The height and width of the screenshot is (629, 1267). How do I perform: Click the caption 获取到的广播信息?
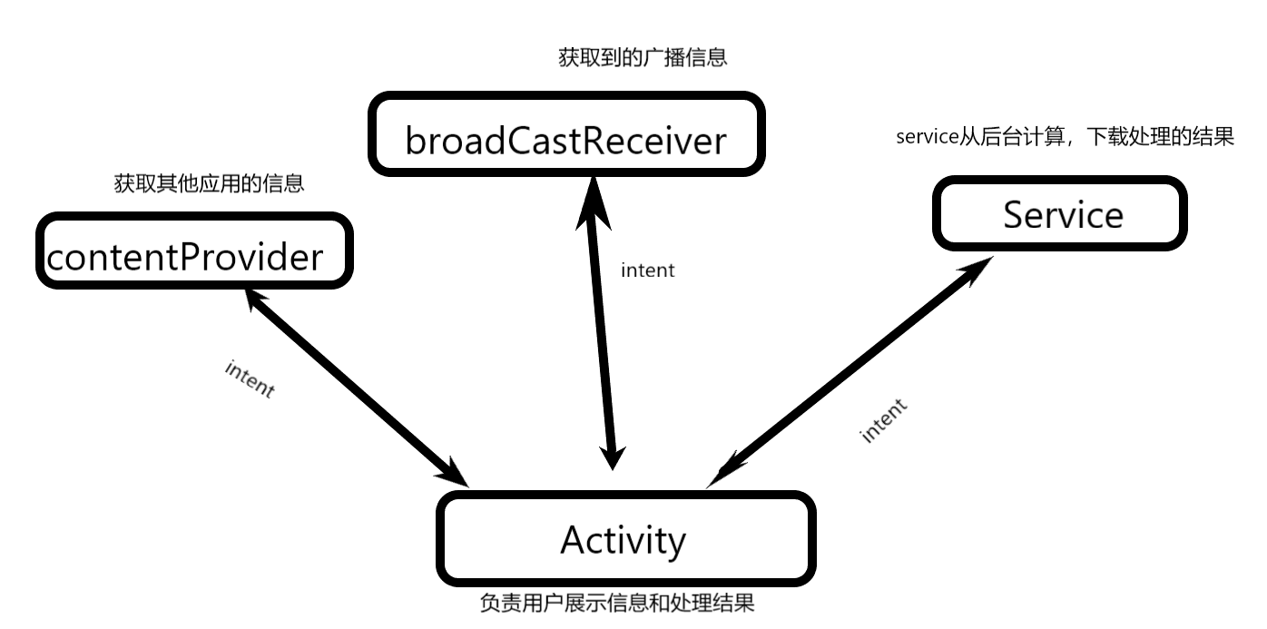pos(643,58)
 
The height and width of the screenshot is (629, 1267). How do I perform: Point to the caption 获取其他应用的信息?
pos(210,183)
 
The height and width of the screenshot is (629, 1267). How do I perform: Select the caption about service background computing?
pos(1066,136)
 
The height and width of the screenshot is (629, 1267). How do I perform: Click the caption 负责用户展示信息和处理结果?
pos(617,603)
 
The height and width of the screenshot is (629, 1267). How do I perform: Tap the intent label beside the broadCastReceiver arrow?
pos(648,270)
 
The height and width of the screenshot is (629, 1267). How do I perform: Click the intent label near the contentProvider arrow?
pos(250,379)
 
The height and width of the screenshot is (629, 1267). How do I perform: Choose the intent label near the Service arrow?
pos(883,420)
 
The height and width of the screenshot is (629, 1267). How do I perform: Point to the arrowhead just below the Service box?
pos(976,270)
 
